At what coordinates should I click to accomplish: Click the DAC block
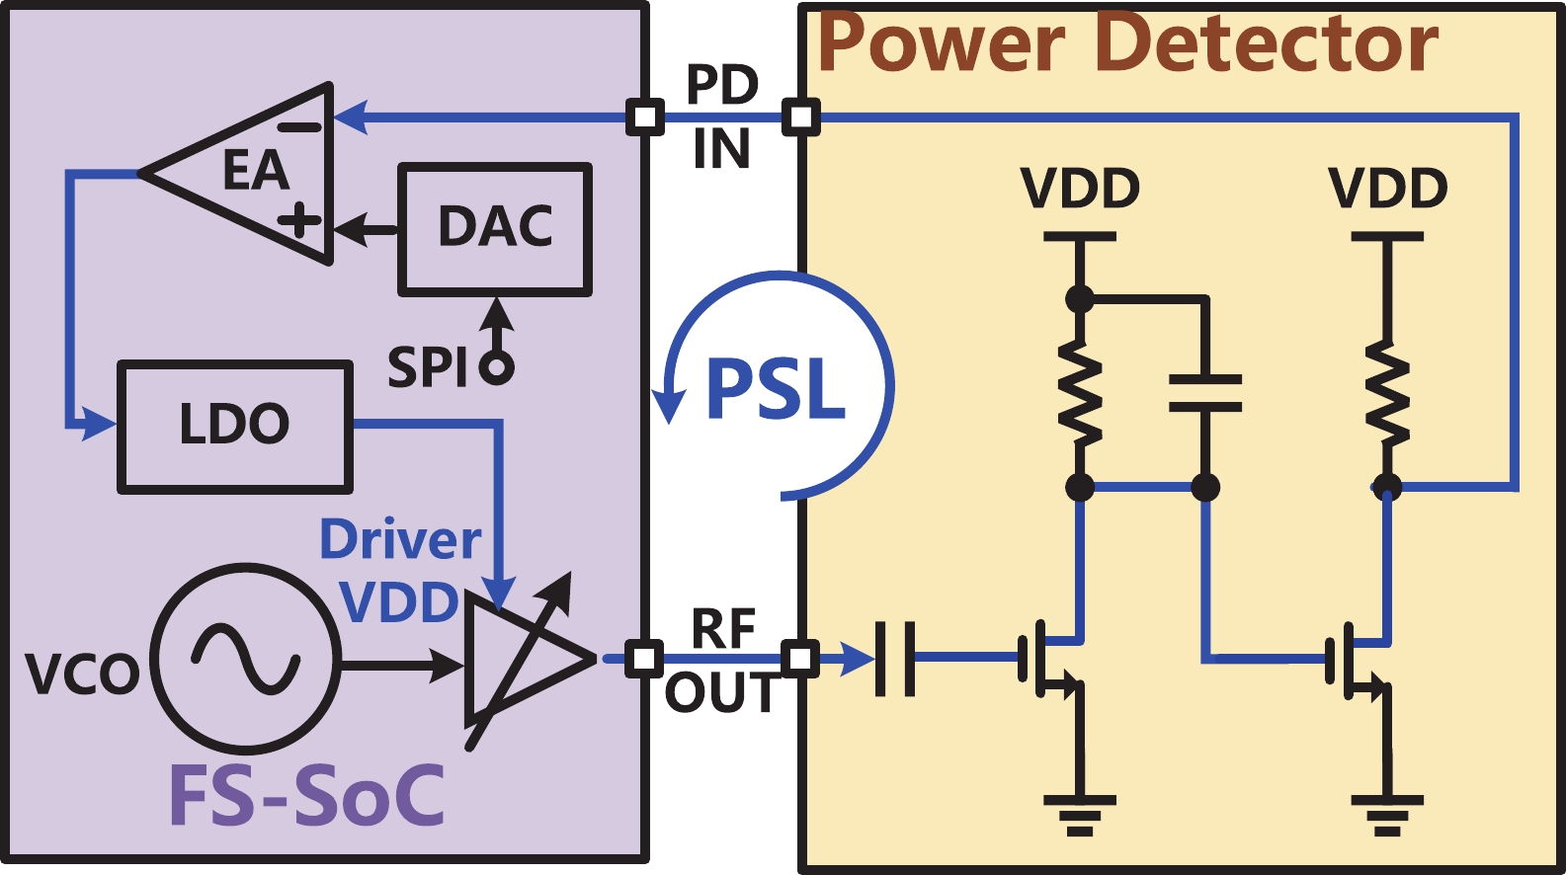[x=495, y=229]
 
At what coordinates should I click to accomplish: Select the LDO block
[x=235, y=426]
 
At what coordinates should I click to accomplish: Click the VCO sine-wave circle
[x=246, y=659]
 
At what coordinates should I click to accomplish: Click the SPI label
[x=428, y=367]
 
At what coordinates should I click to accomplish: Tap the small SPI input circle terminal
[x=496, y=368]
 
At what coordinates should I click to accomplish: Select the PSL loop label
[x=777, y=389]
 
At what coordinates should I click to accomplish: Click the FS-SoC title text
[x=307, y=796]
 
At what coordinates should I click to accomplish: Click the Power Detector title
[x=1127, y=43]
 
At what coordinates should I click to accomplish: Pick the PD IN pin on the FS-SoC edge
[x=645, y=118]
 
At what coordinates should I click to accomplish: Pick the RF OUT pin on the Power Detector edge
[x=800, y=658]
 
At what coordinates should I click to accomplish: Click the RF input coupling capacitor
[x=895, y=658]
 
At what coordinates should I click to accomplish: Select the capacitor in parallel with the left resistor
[x=1205, y=392]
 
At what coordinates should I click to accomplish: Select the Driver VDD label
[x=401, y=571]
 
